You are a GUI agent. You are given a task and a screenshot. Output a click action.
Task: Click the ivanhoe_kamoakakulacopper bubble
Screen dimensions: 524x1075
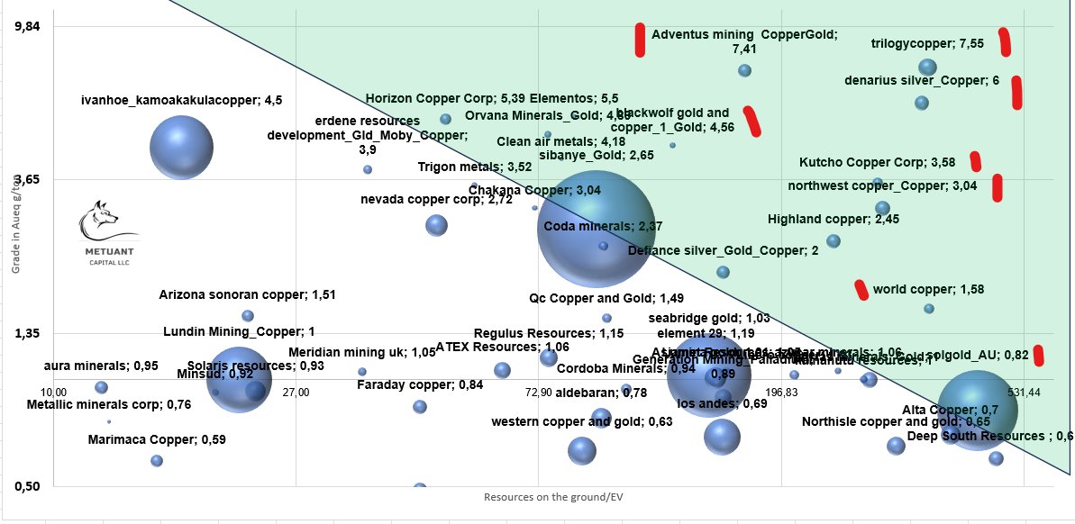[x=181, y=149]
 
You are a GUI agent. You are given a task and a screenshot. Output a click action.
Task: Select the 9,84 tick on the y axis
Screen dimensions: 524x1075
[x=30, y=27]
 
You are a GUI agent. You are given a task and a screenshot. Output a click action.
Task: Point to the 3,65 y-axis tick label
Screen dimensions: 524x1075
[x=30, y=180]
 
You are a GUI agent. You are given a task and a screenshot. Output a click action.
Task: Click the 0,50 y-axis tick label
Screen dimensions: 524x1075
[x=30, y=486]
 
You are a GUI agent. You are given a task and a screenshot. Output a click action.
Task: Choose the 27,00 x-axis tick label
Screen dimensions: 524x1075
[x=296, y=393]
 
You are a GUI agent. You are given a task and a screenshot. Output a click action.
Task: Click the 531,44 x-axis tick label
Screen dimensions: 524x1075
[x=1024, y=393]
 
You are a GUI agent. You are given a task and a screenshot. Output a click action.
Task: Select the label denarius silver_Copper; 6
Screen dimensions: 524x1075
[x=922, y=80]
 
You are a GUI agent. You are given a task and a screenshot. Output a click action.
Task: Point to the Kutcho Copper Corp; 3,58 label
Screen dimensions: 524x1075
[x=877, y=163]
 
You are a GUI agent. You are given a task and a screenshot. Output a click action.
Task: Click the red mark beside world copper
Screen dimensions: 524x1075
[x=861, y=289]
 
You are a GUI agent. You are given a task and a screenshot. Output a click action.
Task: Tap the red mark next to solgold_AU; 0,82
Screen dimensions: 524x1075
[x=1039, y=355]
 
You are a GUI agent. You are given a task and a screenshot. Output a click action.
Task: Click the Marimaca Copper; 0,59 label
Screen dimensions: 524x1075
[x=157, y=440]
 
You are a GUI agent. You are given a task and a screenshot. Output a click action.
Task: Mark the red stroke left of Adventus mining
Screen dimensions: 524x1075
[x=640, y=40]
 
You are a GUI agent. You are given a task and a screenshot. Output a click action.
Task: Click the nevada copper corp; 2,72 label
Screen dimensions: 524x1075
[x=436, y=199]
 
